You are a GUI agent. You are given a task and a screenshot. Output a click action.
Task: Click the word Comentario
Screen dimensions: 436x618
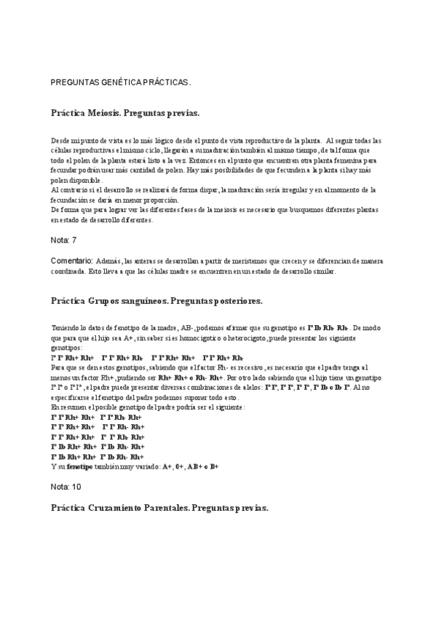tap(71, 260)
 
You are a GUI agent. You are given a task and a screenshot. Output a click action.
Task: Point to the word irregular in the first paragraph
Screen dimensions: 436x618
tap(285, 190)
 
